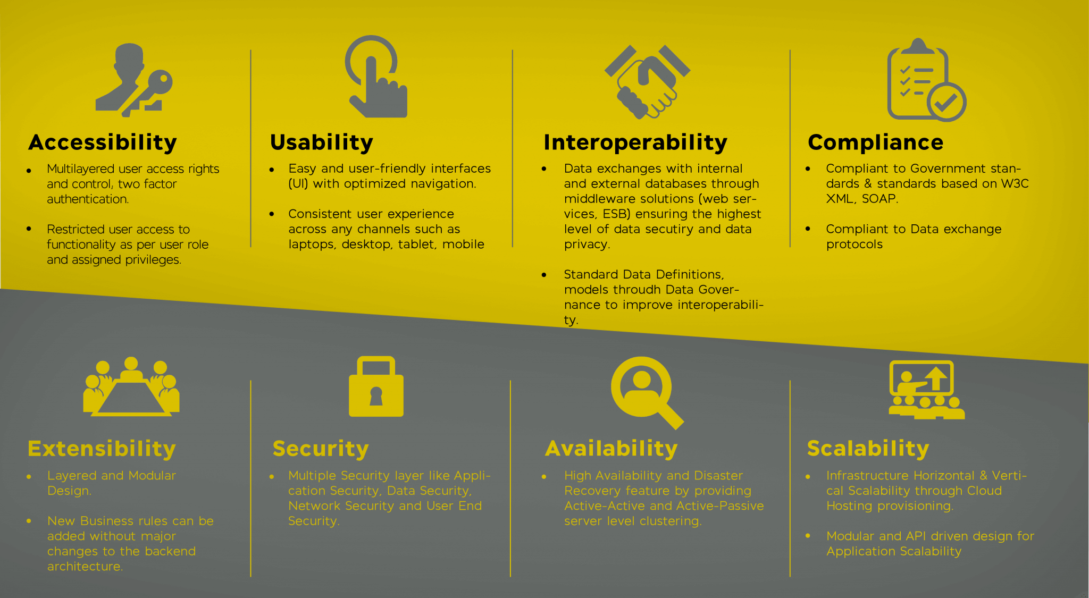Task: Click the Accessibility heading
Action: pyautogui.click(x=103, y=142)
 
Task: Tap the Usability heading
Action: pyautogui.click(x=322, y=142)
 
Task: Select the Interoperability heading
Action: pyautogui.click(x=635, y=142)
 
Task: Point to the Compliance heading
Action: pyautogui.click(x=875, y=142)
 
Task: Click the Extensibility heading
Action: pyautogui.click(x=102, y=449)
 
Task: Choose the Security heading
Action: pyautogui.click(x=321, y=449)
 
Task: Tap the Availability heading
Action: pyautogui.click(x=611, y=449)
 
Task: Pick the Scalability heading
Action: pyautogui.click(x=868, y=449)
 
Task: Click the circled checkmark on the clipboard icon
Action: pyautogui.click(x=946, y=102)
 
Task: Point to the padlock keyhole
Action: pyautogui.click(x=376, y=396)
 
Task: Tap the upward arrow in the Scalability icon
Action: pyautogui.click(x=936, y=378)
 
